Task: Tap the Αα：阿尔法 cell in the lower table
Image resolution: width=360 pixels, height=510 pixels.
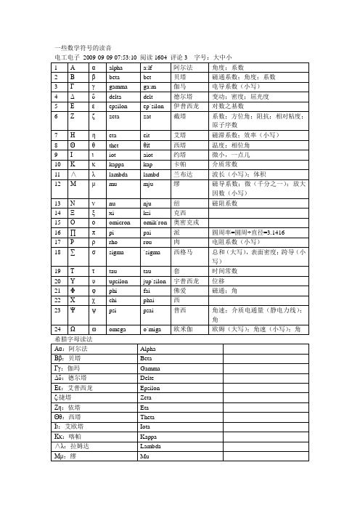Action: (x=72, y=349)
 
